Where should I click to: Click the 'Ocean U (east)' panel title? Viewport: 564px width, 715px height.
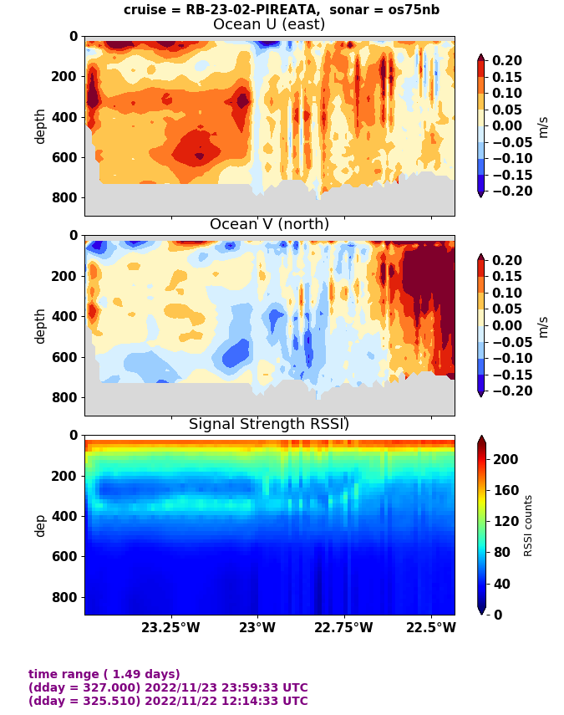click(x=269, y=24)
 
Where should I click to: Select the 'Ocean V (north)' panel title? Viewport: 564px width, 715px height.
click(x=269, y=224)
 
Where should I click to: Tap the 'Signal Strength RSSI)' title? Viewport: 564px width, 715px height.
click(x=269, y=424)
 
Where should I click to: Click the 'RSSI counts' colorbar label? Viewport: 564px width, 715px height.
click(x=527, y=525)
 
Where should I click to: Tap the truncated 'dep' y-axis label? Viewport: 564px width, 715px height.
click(x=39, y=525)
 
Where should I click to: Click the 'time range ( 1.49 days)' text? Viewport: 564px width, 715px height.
click(x=104, y=674)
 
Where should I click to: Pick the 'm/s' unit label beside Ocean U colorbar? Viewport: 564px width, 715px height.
click(x=543, y=126)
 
